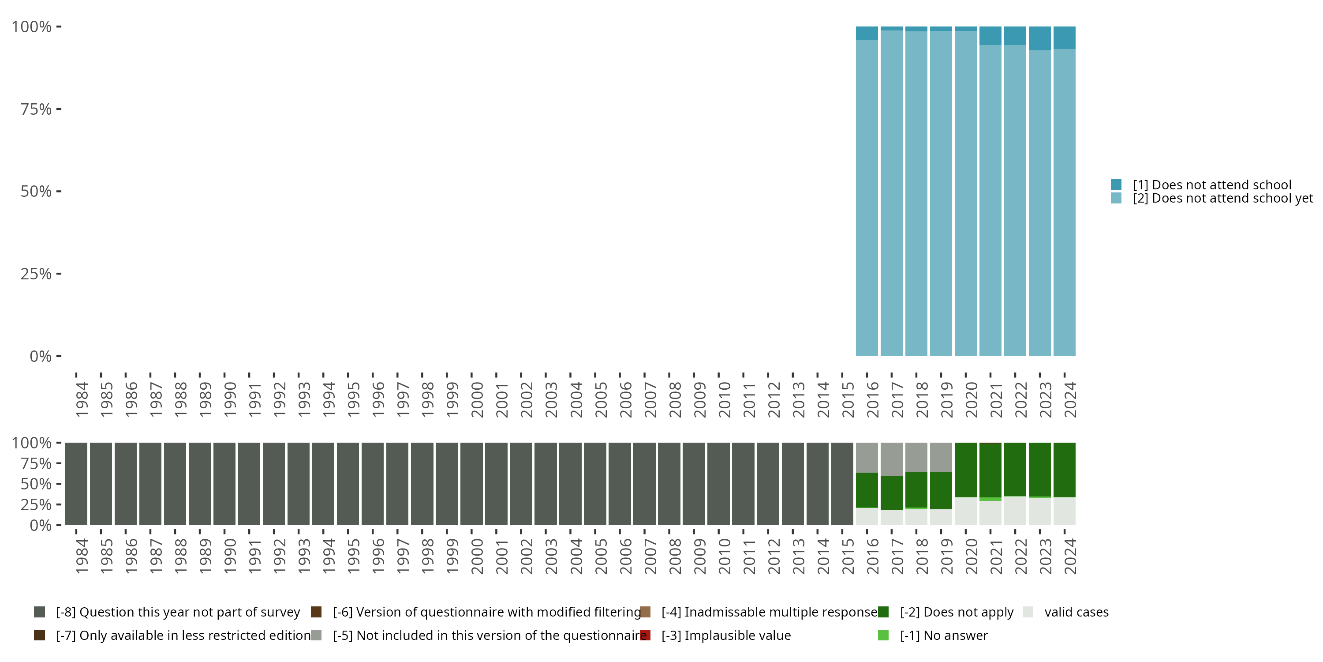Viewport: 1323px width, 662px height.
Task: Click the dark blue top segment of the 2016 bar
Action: point(867,34)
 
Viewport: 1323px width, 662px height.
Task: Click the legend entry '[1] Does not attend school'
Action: point(1211,185)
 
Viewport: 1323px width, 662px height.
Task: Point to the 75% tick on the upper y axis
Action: point(59,109)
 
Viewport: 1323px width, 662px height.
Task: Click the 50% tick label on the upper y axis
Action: point(36,192)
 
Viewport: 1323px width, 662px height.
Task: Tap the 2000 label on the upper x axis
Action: point(477,399)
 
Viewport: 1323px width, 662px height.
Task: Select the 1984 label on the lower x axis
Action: point(81,556)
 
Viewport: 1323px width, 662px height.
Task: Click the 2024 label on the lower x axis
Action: point(1070,556)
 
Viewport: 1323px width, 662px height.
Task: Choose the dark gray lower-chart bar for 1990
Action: point(224,484)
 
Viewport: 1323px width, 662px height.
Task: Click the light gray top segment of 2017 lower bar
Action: point(892,459)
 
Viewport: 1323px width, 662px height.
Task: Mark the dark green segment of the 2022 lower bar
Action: point(1015,469)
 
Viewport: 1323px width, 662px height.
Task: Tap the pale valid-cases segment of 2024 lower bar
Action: point(1064,511)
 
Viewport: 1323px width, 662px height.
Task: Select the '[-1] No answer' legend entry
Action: point(943,635)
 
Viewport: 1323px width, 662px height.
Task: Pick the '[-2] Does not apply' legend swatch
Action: point(883,612)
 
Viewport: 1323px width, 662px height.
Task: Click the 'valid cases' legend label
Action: point(1076,612)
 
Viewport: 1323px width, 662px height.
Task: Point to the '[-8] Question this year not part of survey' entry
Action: point(177,612)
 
